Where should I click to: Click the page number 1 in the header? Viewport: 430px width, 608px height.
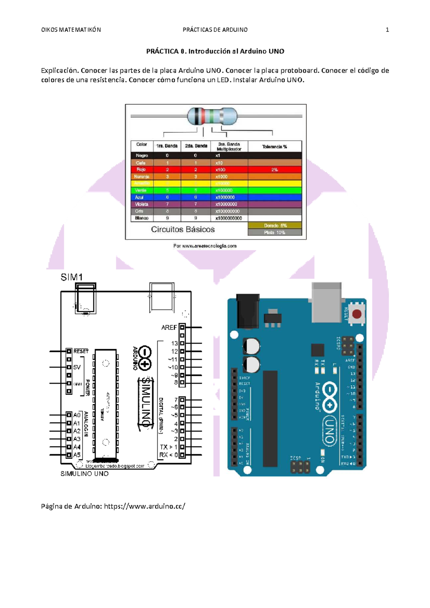(x=387, y=30)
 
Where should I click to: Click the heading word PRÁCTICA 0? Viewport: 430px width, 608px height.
(x=166, y=51)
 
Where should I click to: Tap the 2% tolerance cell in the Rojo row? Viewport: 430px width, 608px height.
(x=274, y=170)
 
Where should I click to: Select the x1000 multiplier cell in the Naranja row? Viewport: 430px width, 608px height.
(x=221, y=177)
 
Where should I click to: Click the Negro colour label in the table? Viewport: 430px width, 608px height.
(x=142, y=155)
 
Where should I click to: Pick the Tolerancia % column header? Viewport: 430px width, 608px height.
(x=274, y=146)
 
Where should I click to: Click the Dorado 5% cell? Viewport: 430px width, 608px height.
(x=275, y=226)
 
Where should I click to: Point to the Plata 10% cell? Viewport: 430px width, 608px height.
(x=274, y=232)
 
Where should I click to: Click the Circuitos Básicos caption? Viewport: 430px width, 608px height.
(x=183, y=229)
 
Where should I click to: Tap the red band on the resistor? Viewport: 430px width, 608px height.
(x=203, y=116)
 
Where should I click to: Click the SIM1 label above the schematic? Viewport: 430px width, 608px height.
(x=72, y=277)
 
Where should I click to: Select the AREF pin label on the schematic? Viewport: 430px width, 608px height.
(x=169, y=327)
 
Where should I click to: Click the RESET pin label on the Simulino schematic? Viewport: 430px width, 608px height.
(x=81, y=351)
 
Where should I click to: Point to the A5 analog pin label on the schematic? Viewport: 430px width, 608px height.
(x=77, y=455)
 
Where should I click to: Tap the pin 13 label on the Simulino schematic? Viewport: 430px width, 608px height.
(x=174, y=343)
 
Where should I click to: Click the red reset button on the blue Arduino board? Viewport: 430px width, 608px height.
(x=357, y=314)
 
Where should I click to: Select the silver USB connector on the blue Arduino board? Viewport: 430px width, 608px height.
(x=326, y=302)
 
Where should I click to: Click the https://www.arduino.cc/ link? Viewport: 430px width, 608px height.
(x=144, y=506)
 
